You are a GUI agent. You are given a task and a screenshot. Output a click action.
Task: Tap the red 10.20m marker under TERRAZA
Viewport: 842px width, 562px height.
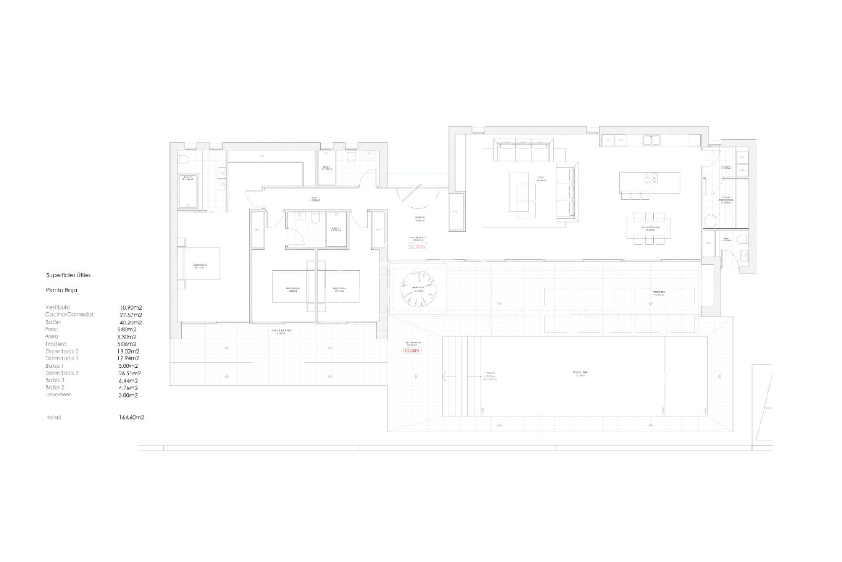412,351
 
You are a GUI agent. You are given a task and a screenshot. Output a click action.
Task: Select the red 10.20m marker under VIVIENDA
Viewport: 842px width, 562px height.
417,246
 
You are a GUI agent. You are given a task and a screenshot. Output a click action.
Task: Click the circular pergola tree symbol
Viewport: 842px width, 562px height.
418,289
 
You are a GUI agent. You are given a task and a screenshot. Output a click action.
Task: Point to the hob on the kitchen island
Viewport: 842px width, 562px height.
650,178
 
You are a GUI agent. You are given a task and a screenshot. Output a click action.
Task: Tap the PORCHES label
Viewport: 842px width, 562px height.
659,292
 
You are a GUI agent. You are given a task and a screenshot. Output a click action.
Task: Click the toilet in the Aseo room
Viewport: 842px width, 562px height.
742,240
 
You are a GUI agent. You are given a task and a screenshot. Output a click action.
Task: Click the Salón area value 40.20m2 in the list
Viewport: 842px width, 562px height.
131,322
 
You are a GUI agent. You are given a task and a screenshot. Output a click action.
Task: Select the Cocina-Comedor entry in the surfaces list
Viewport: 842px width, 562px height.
69,314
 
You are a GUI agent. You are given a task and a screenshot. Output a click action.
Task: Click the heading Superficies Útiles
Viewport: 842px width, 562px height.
68,275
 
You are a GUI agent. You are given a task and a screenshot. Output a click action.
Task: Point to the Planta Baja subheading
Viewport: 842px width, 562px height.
61,290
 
